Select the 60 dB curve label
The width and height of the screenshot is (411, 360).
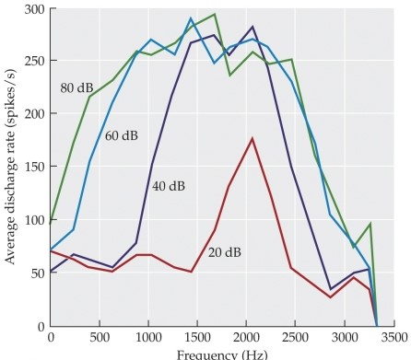(x=121, y=136)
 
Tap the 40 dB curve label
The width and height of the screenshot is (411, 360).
(x=168, y=186)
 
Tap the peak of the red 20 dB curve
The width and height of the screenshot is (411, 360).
(x=252, y=138)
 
